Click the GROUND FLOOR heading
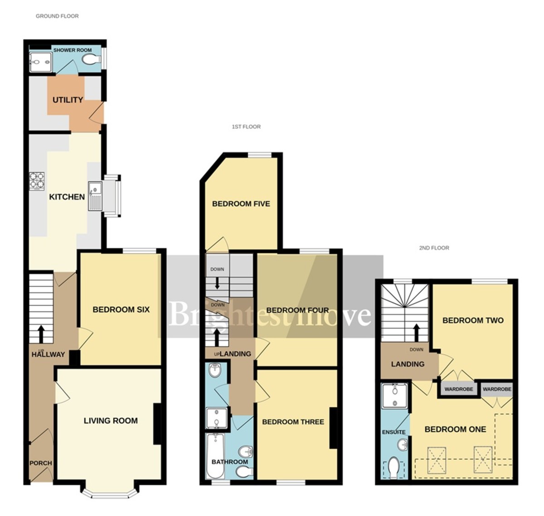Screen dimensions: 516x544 pyautogui.click(x=57, y=16)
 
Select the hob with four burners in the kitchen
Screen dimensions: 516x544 pyautogui.click(x=37, y=180)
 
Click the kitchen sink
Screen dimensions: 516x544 pyautogui.click(x=96, y=196)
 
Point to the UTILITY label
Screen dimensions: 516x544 pyautogui.click(x=68, y=100)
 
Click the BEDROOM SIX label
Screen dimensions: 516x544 pyautogui.click(x=121, y=310)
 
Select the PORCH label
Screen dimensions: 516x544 pyautogui.click(x=41, y=463)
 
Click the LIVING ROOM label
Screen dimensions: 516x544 pyautogui.click(x=111, y=421)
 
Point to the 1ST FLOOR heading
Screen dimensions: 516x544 pyautogui.click(x=246, y=127)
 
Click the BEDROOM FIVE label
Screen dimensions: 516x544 pyautogui.click(x=241, y=204)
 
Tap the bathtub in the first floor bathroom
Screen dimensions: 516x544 pyautogui.click(x=215, y=456)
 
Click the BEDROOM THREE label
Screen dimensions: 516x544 pyautogui.click(x=293, y=422)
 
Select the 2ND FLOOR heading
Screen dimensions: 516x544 pyautogui.click(x=434, y=248)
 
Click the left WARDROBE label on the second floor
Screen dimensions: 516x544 pyautogui.click(x=458, y=389)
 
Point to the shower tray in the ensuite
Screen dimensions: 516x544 pyautogui.click(x=395, y=395)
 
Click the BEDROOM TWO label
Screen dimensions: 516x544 pyautogui.click(x=473, y=320)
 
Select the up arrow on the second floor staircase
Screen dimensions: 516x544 pyautogui.click(x=416, y=333)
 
